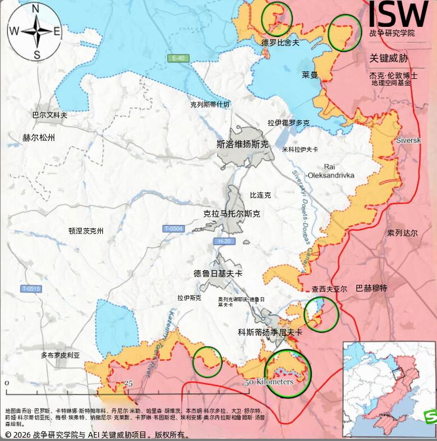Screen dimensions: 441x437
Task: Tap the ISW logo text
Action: [x=398, y=13]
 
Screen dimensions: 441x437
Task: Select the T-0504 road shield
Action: [x=173, y=228]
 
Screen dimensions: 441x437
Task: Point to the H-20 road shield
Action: [x=224, y=241]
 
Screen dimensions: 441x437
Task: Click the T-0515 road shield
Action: [x=31, y=289]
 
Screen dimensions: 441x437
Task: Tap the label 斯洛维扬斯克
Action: [x=242, y=144]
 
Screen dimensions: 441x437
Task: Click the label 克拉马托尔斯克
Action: [x=232, y=214]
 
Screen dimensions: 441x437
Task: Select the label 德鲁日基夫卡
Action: [x=218, y=274]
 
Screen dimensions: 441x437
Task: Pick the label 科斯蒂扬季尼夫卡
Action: [x=270, y=332]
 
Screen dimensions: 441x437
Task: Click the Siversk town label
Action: [x=408, y=140]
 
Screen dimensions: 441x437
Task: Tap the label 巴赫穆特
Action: [x=371, y=288]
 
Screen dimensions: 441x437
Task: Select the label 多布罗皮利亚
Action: [x=60, y=355]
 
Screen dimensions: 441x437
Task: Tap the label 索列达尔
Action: [x=402, y=233]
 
